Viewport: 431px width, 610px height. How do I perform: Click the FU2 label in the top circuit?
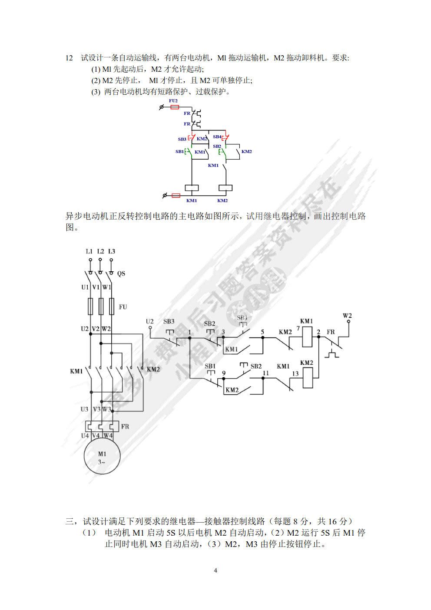point(173,100)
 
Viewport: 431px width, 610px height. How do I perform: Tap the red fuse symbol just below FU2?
point(174,107)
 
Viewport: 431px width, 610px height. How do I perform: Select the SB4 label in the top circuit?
point(217,137)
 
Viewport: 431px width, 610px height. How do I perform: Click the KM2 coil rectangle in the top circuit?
point(225,188)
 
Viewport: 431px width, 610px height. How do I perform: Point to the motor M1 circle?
point(102,456)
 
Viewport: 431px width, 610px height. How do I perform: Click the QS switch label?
point(121,273)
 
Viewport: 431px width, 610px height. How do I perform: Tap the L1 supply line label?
point(89,251)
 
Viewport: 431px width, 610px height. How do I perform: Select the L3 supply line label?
point(112,251)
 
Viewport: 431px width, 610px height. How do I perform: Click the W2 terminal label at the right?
point(347,316)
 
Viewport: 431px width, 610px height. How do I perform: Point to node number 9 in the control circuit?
point(224,373)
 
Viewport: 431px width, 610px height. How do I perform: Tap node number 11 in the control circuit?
point(266,373)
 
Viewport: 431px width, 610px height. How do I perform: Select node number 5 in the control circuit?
point(262,332)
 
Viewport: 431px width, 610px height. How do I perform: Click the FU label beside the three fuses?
point(123,307)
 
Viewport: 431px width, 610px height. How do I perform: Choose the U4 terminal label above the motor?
point(85,435)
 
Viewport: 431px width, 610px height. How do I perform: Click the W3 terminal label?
point(107,409)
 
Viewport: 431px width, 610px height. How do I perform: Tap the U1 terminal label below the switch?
point(85,287)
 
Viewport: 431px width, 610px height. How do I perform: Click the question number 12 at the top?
point(69,58)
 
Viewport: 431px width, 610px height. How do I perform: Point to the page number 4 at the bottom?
point(215,570)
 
